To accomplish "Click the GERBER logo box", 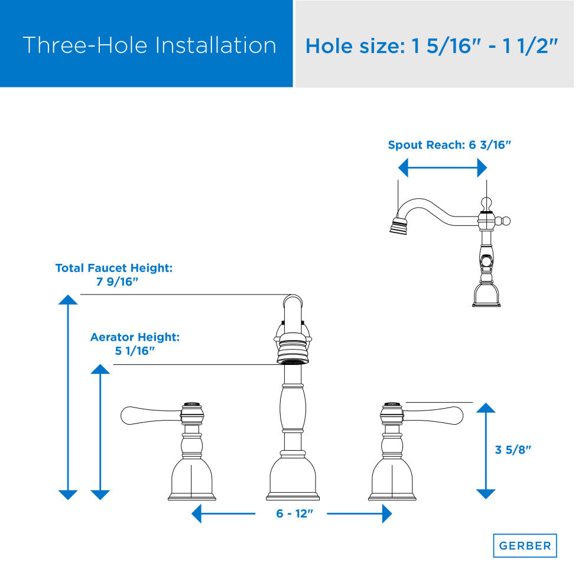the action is click(x=525, y=545).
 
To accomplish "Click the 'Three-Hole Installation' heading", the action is click(x=149, y=45).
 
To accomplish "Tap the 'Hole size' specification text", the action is click(x=432, y=46).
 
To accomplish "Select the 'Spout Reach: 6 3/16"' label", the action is click(x=449, y=145).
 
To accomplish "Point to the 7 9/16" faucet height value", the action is click(x=117, y=282).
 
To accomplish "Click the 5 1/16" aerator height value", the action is click(x=135, y=351).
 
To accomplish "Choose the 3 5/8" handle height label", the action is click(x=513, y=450).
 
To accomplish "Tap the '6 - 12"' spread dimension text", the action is click(x=294, y=513).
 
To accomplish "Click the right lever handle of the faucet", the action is click(x=433, y=415).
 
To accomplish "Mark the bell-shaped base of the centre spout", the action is click(x=293, y=478).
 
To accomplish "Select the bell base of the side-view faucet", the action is click(x=486, y=295).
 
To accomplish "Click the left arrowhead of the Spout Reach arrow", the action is click(x=403, y=167).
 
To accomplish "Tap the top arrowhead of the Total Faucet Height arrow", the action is click(x=68, y=299).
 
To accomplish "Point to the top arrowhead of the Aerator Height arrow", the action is click(x=100, y=369).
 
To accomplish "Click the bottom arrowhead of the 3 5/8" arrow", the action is click(x=486, y=494).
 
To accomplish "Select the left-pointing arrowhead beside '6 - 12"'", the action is click(x=196, y=513).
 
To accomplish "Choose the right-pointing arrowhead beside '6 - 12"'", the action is click(x=387, y=513).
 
